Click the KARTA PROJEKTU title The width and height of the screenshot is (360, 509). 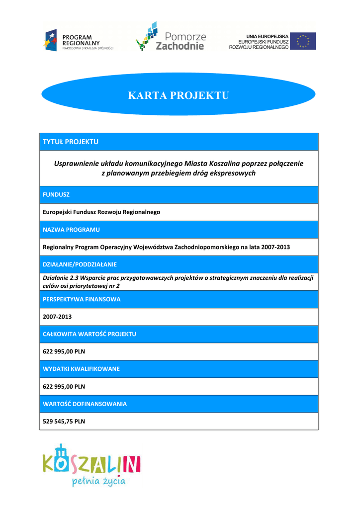pyautogui.click(x=179, y=95)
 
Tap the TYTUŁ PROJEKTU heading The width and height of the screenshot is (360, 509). pyautogui.click(x=71, y=142)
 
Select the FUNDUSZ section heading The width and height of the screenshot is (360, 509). pyautogui.click(x=56, y=195)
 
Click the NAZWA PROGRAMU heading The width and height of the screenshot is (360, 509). pyautogui.click(x=71, y=230)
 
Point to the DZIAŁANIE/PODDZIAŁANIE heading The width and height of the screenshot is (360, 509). pyautogui.click(x=80, y=264)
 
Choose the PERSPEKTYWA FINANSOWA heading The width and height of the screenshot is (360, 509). pyautogui.click(x=82, y=299)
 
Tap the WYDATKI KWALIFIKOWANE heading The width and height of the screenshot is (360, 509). pyautogui.click(x=81, y=369)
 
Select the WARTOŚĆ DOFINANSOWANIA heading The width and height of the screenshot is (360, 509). pyautogui.click(x=85, y=404)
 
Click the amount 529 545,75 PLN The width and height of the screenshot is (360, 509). pyautogui.click(x=64, y=421)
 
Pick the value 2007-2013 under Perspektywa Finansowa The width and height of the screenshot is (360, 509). pyautogui.click(x=57, y=317)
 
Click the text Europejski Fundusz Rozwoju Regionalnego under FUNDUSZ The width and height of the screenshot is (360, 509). pyautogui.click(x=101, y=212)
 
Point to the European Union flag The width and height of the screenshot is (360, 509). pyautogui.click(x=303, y=41)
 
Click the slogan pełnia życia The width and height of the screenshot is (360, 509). pyautogui.click(x=98, y=482)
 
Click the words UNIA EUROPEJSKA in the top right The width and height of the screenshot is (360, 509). pyautogui.click(x=267, y=36)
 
